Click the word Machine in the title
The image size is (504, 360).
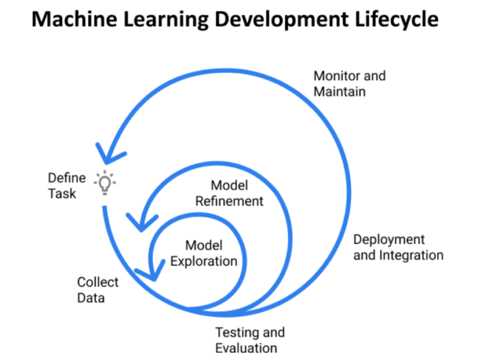point(75,19)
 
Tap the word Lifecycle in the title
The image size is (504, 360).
point(396,20)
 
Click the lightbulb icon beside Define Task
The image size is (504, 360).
point(105,183)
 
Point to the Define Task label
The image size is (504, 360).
point(67,186)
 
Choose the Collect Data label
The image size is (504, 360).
point(98,290)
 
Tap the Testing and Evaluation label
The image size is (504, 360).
point(250,340)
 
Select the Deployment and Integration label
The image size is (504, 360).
point(398,247)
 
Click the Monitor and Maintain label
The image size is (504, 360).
point(349,83)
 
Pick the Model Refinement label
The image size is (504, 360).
point(229,193)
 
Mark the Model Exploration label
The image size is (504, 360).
point(204,253)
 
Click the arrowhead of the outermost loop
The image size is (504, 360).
point(110,154)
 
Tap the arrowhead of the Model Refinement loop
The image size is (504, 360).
point(142,222)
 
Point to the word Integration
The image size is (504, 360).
point(411,255)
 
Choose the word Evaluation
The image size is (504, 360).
point(246,348)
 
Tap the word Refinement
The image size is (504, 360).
point(229,201)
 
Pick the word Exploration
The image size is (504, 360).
point(204,262)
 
